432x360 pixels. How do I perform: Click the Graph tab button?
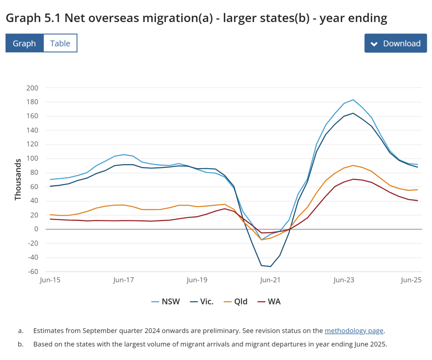24,43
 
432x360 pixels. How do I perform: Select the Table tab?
60,43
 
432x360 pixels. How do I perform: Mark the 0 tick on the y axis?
36,229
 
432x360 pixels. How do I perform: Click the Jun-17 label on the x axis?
123,280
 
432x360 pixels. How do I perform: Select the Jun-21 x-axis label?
270,280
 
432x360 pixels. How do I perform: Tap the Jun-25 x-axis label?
412,280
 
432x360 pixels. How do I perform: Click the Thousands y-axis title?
18,180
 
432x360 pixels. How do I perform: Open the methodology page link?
354,331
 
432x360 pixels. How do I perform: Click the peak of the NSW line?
353,100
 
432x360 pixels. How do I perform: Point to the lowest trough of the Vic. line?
271,266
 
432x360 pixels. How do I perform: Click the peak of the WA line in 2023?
353,179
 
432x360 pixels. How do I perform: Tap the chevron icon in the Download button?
374,44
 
